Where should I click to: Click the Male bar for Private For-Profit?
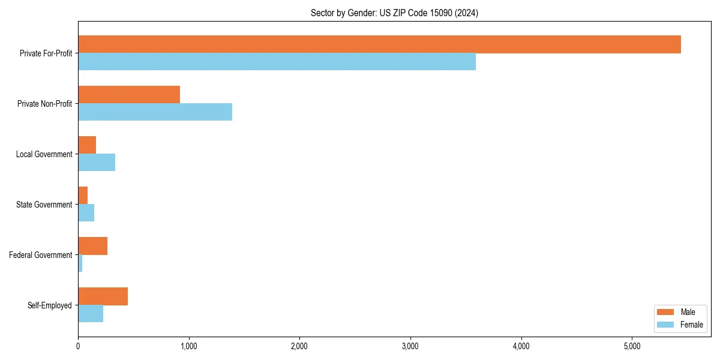(379, 44)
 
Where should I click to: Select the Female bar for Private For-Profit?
(277, 62)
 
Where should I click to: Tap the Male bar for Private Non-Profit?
(129, 95)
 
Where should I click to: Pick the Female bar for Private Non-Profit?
(155, 112)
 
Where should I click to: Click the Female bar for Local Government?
(97, 163)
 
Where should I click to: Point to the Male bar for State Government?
(83, 196)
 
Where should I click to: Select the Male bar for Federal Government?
(92, 246)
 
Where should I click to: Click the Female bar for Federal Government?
(80, 263)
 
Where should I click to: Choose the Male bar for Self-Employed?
(103, 296)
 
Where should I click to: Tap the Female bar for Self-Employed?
(91, 314)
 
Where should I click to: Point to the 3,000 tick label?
(410, 346)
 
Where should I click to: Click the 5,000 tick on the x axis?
(632, 346)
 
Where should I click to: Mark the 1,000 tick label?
(188, 346)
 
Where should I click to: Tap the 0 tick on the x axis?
(78, 346)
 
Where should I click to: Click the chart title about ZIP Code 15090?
(394, 13)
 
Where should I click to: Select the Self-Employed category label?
(50, 305)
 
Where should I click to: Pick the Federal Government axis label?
(41, 255)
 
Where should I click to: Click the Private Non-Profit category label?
(46, 104)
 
